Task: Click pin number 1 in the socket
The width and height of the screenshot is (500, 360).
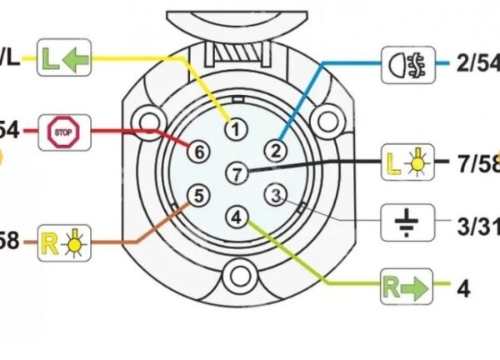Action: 237,129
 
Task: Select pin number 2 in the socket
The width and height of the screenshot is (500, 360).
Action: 275,150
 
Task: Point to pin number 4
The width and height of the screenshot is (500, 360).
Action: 237,217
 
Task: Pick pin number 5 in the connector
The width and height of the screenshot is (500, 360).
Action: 197,196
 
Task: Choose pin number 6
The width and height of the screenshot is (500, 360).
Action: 198,151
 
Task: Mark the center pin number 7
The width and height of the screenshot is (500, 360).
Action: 237,173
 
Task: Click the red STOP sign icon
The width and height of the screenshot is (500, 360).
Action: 64,131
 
